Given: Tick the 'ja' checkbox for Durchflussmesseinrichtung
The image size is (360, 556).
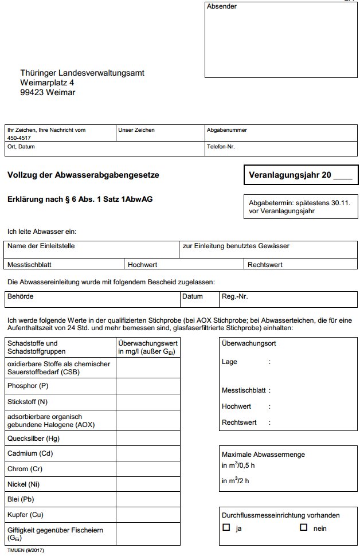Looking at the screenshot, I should coord(226,527).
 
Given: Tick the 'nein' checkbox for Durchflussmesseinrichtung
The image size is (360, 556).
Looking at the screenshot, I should coord(304,527).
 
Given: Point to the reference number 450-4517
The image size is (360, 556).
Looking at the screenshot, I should coord(19,138).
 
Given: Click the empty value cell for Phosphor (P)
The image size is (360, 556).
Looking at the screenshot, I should coord(148,386).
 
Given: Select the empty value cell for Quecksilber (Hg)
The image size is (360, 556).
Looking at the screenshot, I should coord(148,438).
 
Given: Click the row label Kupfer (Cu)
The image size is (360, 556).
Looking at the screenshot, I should coord(25,514).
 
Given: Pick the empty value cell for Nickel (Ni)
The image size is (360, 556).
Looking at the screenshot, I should coord(148,484).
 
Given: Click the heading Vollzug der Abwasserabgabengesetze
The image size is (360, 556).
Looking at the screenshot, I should coord(83,175).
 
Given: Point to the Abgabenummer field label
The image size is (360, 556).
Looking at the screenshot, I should coord(226,130).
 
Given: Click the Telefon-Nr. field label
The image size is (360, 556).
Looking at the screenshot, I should coord(221,146).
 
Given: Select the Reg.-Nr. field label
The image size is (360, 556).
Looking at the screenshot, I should coord(234,297).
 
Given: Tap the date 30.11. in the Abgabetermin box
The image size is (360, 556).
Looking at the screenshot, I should coord(339,203).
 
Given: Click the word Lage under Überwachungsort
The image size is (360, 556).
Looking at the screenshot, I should coord(229,362).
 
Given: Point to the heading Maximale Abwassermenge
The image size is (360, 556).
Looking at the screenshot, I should coord(263,454).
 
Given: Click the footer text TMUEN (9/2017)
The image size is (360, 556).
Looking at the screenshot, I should coord(26,551).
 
